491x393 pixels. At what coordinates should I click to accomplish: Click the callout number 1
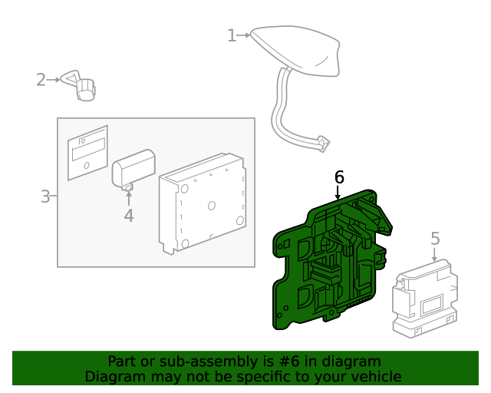[232, 35]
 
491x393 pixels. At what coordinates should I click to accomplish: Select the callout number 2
[41, 80]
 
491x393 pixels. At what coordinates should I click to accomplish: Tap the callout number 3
[45, 196]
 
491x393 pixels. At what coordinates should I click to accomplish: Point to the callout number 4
[129, 216]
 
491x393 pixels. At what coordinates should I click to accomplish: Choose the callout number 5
[435, 239]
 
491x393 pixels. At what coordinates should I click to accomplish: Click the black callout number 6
[339, 177]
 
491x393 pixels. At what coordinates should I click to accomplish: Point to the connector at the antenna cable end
[322, 144]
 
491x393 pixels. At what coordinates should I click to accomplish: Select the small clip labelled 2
[79, 85]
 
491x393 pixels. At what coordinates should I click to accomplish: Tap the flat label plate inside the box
[87, 153]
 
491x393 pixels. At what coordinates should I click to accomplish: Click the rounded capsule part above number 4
[133, 169]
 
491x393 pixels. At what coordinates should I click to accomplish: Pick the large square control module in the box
[203, 203]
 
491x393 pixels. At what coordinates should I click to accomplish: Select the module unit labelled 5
[425, 299]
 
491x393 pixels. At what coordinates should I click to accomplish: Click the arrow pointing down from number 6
[338, 193]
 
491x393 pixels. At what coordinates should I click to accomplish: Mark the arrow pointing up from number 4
[129, 198]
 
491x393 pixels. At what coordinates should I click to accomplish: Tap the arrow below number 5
[434, 254]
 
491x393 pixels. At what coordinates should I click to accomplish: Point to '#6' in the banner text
[289, 362]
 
